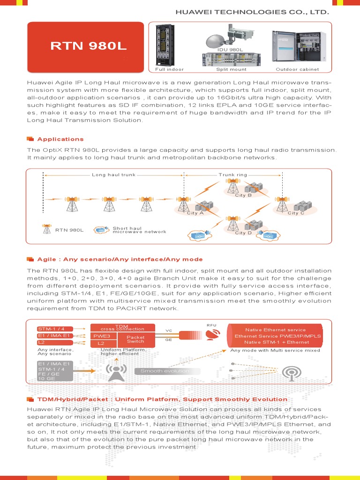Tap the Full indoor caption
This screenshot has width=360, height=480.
point(169,69)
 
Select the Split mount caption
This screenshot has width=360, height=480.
point(231,69)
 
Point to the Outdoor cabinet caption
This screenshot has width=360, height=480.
point(297,69)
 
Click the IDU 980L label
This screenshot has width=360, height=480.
point(230,49)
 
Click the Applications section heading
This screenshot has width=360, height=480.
point(60,139)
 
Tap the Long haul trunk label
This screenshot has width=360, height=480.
point(113,175)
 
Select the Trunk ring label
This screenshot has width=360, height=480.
point(232,175)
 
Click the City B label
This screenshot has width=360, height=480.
point(243,195)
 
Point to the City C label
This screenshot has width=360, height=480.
point(296,213)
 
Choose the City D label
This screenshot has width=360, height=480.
point(243,233)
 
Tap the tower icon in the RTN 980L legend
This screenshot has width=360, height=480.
point(46,229)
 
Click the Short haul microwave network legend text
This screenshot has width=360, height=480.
point(139,230)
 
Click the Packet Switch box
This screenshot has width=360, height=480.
point(136,339)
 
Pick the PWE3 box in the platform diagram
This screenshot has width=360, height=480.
point(101,336)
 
